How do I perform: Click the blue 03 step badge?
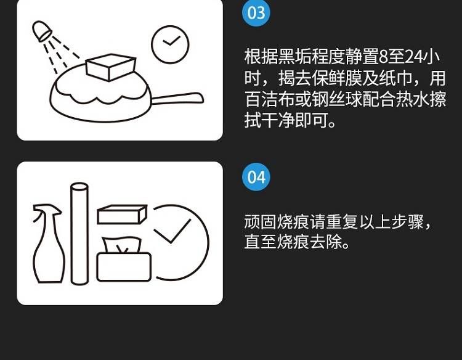[256, 13]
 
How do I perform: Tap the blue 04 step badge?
[256, 177]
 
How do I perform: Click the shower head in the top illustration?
[42, 31]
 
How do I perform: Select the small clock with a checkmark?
[170, 44]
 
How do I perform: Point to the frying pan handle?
[177, 99]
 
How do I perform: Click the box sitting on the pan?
[110, 67]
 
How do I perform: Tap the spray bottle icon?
[48, 243]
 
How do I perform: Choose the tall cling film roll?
[79, 234]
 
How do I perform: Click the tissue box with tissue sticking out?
[124, 259]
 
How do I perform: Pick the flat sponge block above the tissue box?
[122, 215]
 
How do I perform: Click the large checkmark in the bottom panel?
[172, 231]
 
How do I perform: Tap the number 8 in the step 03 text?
[383, 57]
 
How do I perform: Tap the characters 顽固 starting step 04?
[260, 222]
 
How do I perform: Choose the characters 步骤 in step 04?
[408, 222]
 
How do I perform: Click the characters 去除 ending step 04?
[326, 242]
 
